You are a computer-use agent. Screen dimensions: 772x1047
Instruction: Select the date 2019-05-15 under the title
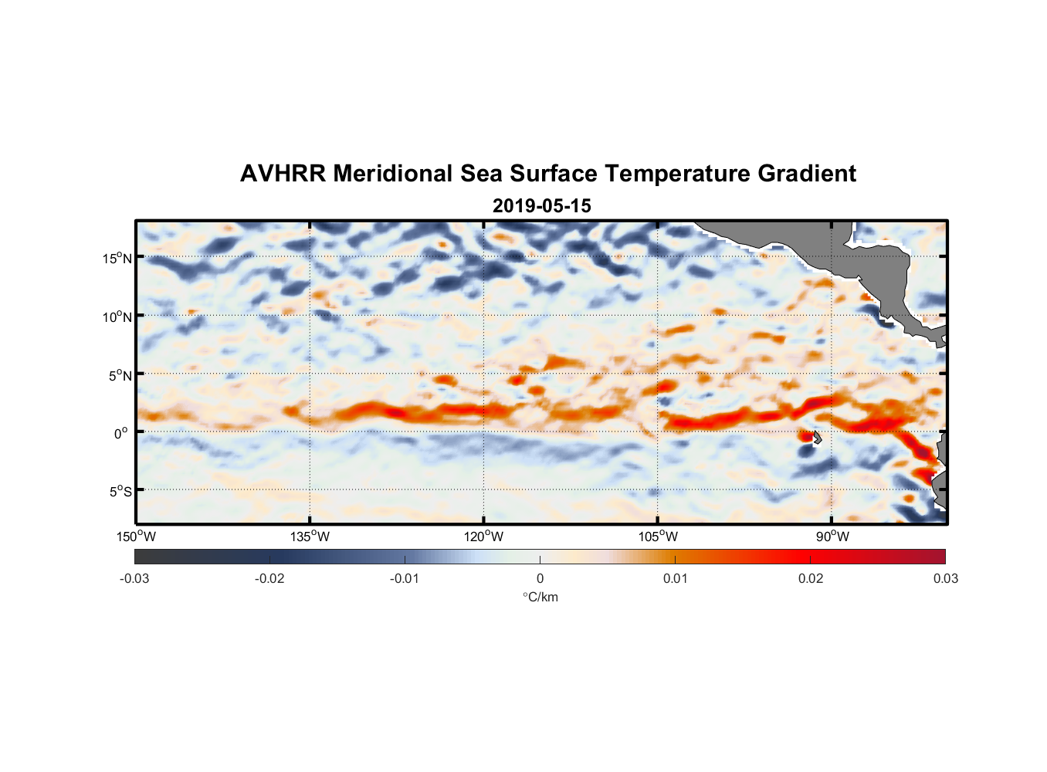542,206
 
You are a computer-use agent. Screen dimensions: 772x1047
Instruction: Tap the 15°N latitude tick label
117,258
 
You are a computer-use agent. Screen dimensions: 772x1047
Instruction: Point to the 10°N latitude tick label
117,317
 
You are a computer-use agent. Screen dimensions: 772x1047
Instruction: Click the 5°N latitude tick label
120,375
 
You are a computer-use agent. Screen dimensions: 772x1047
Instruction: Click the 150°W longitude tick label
136,537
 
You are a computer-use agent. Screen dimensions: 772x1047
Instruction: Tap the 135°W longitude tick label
310,537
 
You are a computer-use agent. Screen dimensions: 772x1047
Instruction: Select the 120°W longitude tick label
484,537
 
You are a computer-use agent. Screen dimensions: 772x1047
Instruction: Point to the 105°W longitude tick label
658,537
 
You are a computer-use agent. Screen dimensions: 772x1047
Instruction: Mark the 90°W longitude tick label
832,537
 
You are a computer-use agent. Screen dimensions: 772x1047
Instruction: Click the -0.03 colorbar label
134,578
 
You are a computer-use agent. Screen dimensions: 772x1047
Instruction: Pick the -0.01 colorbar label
405,578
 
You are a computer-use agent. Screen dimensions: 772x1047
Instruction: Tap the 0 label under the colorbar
540,578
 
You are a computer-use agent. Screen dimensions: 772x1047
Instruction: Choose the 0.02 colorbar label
811,578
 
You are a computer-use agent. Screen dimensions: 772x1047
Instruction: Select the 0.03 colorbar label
945,578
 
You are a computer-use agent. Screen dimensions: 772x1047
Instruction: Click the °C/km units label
540,597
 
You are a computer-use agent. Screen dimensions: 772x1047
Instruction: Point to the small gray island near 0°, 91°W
817,438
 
